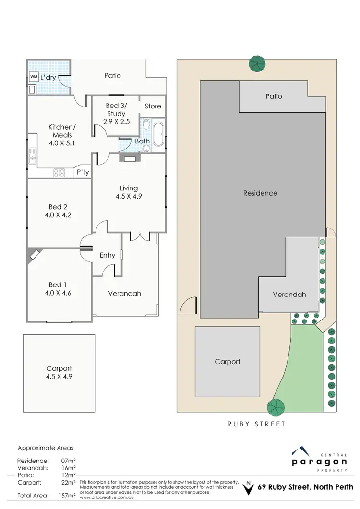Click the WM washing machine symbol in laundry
pyautogui.click(x=34, y=77)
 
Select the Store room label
pyautogui.click(x=153, y=106)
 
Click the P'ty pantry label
pyautogui.click(x=83, y=172)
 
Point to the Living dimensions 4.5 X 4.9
pyautogui.click(x=129, y=196)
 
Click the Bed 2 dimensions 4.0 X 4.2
pyautogui.click(x=57, y=215)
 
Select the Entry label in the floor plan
pyautogui.click(x=108, y=255)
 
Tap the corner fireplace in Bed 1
pyautogui.click(x=34, y=254)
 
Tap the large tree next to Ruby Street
pyautogui.click(x=276, y=407)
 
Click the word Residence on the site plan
pyautogui.click(x=260, y=193)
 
